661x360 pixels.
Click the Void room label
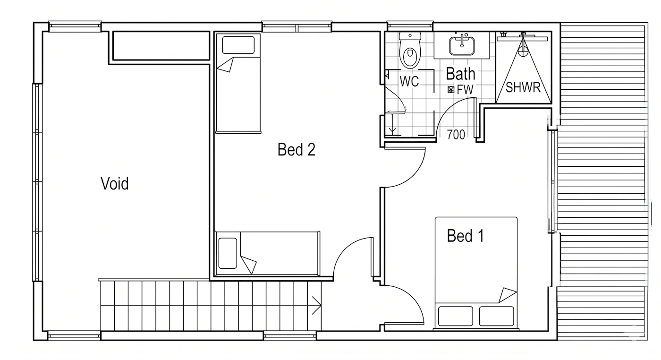click(114, 183)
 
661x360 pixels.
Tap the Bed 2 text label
click(297, 149)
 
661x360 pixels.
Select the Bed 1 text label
click(466, 236)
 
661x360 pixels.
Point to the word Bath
click(460, 74)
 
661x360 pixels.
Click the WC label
click(409, 81)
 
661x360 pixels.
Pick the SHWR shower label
click(523, 87)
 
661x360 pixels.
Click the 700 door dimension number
click(456, 135)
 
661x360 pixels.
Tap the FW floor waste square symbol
click(451, 89)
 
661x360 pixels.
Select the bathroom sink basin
click(462, 46)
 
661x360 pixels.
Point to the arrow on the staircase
click(316, 305)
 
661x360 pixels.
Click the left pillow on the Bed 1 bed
click(455, 316)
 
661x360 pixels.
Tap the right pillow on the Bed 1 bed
click(496, 316)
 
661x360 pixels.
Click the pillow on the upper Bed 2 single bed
click(238, 45)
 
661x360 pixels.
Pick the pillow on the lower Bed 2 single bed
click(228, 253)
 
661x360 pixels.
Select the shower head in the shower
click(523, 47)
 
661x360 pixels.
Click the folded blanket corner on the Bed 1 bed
click(508, 295)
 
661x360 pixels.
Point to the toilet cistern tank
click(410, 36)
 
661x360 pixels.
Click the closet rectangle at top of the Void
click(161, 46)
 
